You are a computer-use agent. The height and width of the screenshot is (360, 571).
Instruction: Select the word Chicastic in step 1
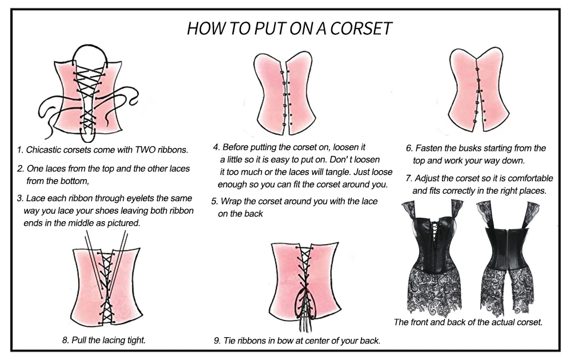point(45,150)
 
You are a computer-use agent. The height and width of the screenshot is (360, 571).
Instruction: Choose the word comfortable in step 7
point(524,178)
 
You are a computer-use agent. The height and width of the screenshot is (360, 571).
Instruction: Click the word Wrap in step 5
point(231,202)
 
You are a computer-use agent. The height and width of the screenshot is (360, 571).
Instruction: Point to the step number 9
point(217,341)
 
